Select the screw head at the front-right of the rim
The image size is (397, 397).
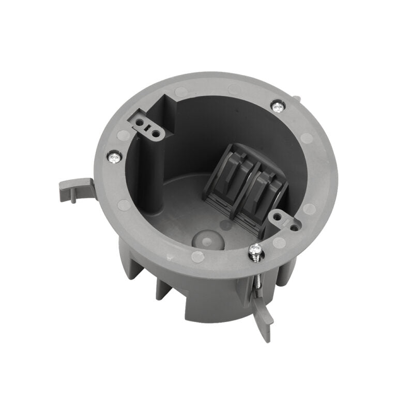[254, 250]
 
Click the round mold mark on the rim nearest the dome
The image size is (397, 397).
[197, 256]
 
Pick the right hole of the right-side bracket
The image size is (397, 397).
[294, 226]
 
